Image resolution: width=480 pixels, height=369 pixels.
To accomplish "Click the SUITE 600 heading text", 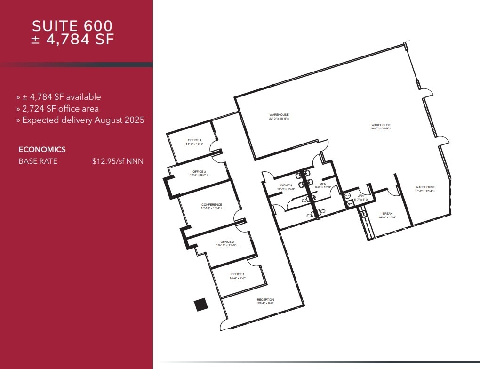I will pos(72,25).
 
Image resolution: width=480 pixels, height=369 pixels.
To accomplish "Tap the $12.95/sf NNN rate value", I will pos(118,161).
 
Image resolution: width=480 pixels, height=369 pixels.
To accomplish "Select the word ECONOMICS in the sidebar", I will pos(42,150).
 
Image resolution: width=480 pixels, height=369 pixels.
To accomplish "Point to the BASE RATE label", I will pos(38,161).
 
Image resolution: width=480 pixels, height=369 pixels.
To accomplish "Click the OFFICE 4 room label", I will pos(194,140).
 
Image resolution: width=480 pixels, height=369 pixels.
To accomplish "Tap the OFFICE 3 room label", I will pos(199,172).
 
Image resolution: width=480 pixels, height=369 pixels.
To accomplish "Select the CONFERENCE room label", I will pos(211,205).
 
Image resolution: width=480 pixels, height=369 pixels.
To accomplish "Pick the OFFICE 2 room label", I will pos(227,242).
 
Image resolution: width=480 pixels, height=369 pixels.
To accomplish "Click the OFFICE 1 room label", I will pos(237,274).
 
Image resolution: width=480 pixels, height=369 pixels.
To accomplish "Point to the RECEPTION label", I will pos(265,300).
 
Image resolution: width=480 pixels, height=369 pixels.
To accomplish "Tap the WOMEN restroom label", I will pos(286,185).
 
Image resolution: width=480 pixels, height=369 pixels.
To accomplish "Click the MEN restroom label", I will pos(323,184).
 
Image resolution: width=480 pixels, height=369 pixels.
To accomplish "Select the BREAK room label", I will pos(387,214).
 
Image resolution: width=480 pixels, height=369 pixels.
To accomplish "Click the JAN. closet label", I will pos(361,195).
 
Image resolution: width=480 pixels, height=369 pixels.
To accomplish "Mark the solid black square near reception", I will pos(201,305).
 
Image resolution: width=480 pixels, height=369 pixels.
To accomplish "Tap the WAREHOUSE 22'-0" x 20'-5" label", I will pos(279,115).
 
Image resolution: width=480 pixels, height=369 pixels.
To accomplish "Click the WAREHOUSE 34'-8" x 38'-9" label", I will pos(381,125).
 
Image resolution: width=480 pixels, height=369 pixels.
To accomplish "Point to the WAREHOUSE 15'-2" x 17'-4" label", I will pos(425,187).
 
